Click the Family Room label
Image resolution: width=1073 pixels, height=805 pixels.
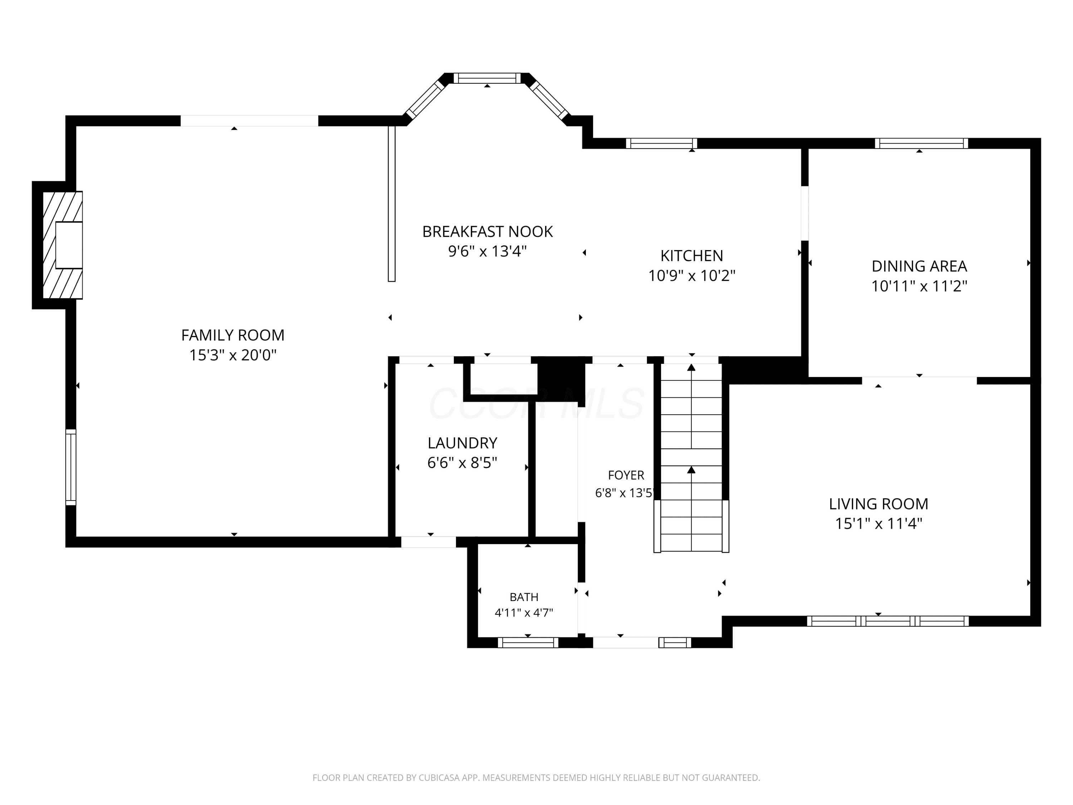(233, 335)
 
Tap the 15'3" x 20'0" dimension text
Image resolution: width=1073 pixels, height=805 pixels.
(233, 355)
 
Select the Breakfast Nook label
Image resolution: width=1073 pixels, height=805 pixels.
(487, 231)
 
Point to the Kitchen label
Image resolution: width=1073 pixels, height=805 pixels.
(692, 256)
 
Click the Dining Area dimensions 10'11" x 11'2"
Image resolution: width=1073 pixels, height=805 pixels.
(919, 286)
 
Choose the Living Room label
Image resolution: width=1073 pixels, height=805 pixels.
(878, 504)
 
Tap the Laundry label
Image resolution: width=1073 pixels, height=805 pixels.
(462, 443)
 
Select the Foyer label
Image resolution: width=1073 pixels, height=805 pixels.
(626, 475)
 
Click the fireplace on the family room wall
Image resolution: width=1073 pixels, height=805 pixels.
(63, 245)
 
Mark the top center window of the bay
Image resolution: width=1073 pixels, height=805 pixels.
(487, 78)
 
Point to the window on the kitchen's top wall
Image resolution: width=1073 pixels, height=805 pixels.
(662, 143)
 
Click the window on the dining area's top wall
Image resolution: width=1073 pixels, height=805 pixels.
(921, 143)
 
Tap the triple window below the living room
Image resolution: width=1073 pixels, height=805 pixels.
(888, 621)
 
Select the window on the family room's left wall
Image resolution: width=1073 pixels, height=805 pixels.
(71, 467)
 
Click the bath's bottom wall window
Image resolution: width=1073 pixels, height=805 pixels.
(528, 643)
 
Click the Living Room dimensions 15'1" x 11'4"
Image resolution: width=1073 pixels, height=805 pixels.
(878, 524)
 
